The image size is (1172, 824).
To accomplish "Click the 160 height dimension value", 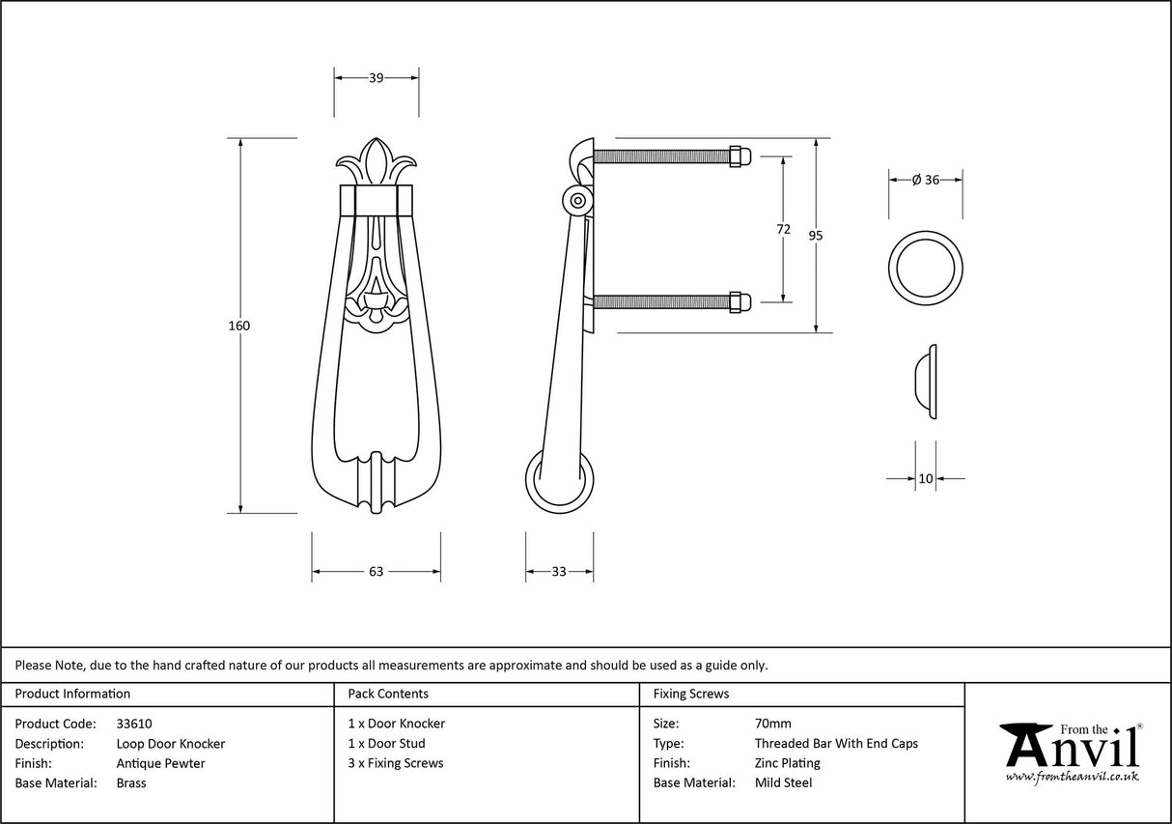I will coord(239,326).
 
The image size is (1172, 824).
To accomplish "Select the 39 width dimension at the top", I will coord(377,78).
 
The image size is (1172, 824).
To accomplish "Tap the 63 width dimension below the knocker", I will coord(377,572).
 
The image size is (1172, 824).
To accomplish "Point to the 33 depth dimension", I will coord(559,572).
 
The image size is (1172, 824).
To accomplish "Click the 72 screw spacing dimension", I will coord(783,229).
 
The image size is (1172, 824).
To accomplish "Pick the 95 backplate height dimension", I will coord(817,235).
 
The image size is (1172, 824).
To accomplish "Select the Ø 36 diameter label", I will coord(925,180).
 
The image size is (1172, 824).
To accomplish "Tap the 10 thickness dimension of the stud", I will coord(926,478).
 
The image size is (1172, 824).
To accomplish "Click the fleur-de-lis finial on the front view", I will coord(377,162).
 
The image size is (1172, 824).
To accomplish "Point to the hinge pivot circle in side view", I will coord(577,202).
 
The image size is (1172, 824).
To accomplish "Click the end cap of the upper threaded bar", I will coord(738,156).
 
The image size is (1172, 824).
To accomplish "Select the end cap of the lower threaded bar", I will coord(738,302).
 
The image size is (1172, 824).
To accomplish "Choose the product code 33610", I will coord(133,724).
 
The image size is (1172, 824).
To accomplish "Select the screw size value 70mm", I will coord(772,724).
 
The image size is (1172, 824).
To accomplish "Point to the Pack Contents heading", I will coord(388,694).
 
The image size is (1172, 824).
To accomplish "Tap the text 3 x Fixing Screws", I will coord(396,763).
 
